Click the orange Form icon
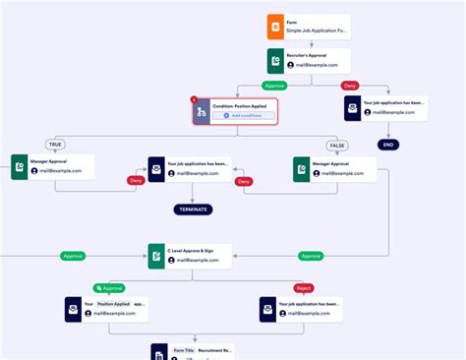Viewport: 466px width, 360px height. pos(275,27)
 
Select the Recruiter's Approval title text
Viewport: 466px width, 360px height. pos(307,55)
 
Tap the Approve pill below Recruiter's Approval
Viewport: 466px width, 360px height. pos(273,86)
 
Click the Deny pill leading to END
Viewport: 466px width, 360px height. pos(348,86)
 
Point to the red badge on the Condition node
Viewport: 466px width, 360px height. pos(193,98)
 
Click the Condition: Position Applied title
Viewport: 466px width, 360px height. pos(241,105)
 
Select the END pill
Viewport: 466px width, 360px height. pos(388,145)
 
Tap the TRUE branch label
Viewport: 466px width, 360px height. pos(54,145)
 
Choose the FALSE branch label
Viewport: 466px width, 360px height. pos(337,145)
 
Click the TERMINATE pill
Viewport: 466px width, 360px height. pos(193,209)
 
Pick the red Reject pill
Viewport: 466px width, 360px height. pos(303,288)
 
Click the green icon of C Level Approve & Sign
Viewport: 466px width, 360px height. pos(156,257)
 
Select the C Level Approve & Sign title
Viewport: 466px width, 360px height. pos(191,251)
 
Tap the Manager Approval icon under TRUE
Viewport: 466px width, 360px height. pos(20,167)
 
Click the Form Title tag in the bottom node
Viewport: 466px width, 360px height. pos(184,350)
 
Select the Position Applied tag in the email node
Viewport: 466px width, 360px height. pos(113,304)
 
